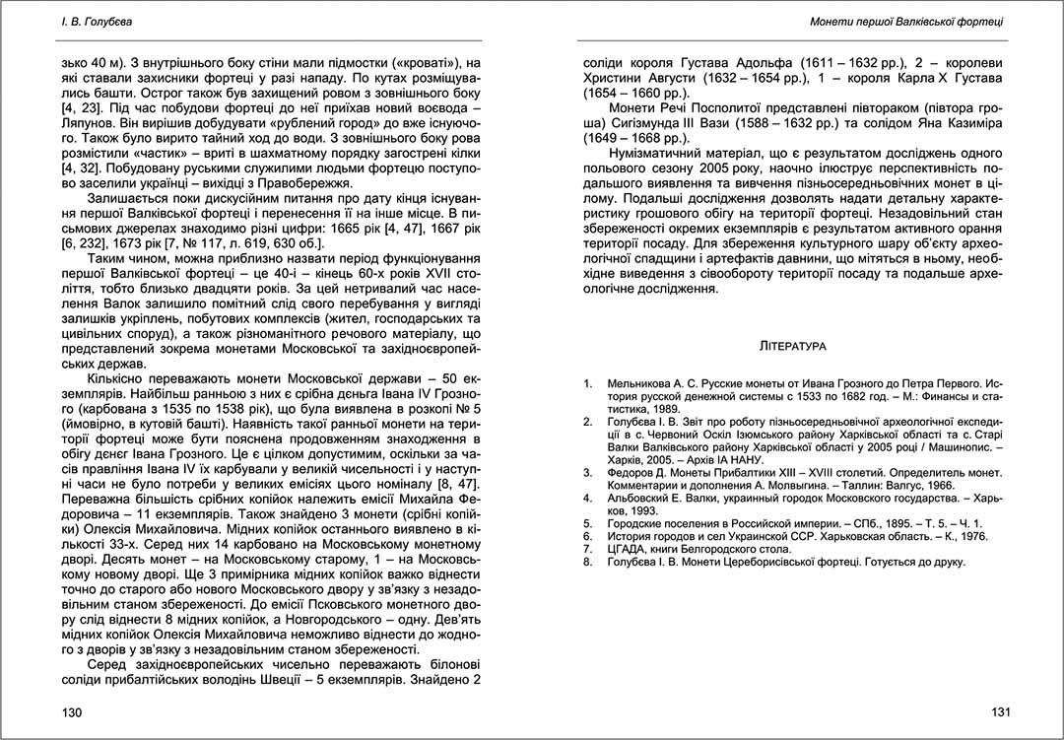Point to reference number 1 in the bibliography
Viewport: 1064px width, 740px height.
587,381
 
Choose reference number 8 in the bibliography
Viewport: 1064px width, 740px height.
587,562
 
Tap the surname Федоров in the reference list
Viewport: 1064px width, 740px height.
633,472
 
